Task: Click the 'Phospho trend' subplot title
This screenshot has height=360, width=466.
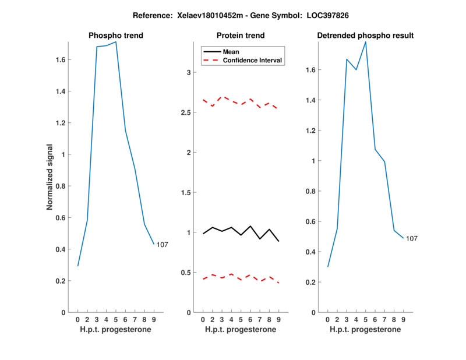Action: click(115, 36)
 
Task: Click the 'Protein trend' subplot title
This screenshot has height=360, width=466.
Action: click(241, 36)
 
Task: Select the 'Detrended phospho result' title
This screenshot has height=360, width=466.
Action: click(365, 36)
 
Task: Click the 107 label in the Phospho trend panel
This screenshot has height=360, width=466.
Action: click(162, 245)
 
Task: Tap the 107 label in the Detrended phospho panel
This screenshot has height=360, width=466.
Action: click(412, 239)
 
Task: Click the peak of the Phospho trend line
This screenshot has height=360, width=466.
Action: click(116, 42)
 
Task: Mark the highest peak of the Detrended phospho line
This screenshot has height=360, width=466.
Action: click(366, 42)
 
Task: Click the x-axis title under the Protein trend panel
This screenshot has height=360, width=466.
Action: click(241, 330)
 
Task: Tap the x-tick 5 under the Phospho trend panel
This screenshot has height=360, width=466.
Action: click(116, 319)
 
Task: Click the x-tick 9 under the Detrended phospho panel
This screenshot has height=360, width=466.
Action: click(404, 319)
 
